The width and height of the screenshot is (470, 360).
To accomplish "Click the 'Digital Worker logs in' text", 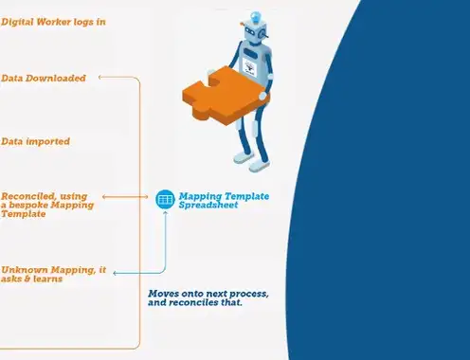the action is [x=53, y=22].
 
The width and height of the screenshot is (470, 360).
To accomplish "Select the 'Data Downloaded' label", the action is [x=44, y=78].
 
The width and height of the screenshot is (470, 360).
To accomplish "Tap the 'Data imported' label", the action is [x=35, y=141].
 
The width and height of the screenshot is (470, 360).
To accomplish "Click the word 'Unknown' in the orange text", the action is [x=25, y=270].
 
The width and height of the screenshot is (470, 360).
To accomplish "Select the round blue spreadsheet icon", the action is [x=165, y=199].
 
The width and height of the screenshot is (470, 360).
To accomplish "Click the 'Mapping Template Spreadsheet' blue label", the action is [x=224, y=200].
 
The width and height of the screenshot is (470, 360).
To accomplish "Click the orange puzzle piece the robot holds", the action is [x=226, y=96].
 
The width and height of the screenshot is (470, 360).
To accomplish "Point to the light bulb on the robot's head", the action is [x=256, y=16].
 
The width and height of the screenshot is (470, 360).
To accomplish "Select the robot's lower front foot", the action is [x=260, y=165].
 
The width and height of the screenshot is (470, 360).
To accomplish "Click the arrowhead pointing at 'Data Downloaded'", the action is [x=100, y=77].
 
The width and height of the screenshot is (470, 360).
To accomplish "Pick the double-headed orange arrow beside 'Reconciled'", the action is [x=125, y=197].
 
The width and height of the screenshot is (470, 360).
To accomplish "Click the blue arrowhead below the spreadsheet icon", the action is [x=165, y=213].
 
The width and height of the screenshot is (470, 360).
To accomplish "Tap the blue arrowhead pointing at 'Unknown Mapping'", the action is [x=116, y=273].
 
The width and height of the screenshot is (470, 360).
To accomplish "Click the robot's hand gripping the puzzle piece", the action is [x=262, y=96].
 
